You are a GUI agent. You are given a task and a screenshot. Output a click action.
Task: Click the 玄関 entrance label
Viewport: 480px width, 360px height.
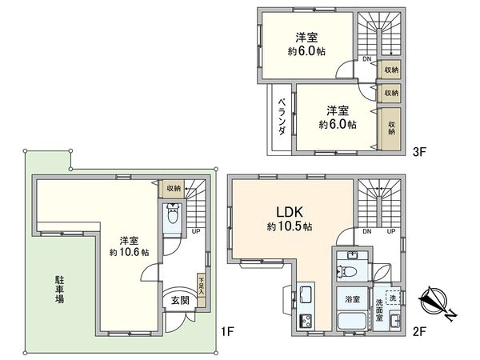[179, 300]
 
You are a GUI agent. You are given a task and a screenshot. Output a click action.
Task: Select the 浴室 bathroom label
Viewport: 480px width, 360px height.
[352, 300]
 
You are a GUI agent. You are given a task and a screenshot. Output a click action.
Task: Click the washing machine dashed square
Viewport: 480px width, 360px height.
[392, 297]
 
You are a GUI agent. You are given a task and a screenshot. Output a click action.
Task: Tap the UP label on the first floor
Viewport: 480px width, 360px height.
[195, 231]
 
